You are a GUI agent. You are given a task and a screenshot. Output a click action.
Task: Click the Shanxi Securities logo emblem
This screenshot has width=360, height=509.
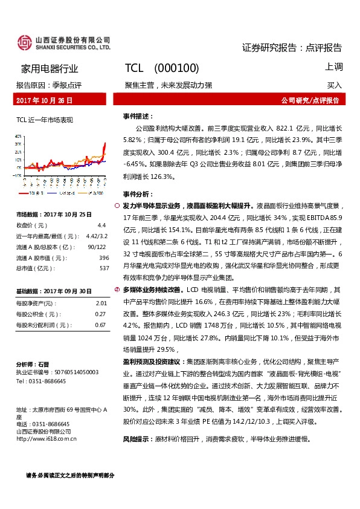24,42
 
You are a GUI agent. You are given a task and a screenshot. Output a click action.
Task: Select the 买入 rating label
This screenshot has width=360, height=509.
335,85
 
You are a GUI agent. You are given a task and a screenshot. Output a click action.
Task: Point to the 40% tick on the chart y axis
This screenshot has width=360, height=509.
19,137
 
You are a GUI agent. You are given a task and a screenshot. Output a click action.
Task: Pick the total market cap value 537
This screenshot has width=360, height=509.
104,268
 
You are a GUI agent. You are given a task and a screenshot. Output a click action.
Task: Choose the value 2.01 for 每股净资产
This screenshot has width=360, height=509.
101,303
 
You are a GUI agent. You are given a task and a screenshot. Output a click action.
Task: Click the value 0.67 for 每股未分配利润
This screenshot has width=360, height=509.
101,325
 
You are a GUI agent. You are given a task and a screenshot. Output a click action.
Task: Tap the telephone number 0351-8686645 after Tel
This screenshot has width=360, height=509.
45,381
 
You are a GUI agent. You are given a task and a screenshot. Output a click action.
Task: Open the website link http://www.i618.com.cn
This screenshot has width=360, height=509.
47,439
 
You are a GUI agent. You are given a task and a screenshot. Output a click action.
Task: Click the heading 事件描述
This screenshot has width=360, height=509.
138,115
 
